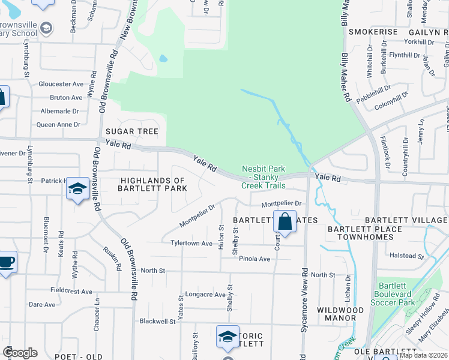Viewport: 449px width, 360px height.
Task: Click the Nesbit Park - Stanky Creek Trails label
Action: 264,177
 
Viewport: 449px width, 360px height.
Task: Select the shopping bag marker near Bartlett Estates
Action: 285,221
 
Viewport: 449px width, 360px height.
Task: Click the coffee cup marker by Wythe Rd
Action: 6,262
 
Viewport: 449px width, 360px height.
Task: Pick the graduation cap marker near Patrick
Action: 77,189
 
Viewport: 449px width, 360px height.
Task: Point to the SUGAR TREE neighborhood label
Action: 131,131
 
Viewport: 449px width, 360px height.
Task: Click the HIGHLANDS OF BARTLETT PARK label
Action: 154,184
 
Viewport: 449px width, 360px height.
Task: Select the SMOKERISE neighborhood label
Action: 373,31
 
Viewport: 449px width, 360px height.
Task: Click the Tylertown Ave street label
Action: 191,244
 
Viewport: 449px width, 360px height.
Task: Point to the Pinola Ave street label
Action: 255,259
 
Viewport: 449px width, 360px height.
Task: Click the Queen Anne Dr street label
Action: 58,125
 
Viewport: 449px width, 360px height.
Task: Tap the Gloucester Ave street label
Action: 61,85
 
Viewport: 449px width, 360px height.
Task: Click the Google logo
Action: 20,353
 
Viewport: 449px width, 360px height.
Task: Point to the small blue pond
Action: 163,59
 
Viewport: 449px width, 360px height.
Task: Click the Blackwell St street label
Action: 157,321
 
